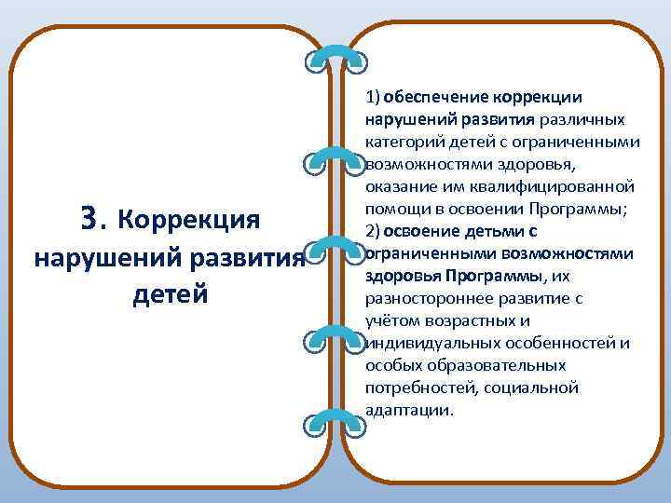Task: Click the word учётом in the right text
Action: tap(391, 320)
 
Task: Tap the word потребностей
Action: tap(414, 387)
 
